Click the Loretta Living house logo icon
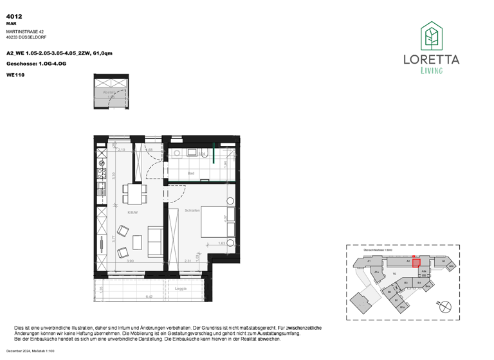coord(431,37)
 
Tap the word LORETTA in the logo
coord(431,59)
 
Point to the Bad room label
coord(191,174)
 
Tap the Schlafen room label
coord(192,210)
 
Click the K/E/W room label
coord(133,213)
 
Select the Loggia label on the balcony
coord(181,289)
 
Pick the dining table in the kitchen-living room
coord(136,193)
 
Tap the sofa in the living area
coord(154,240)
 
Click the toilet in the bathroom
coord(203,153)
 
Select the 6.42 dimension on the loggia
coord(149,297)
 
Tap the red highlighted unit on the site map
coord(416,262)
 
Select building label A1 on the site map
coord(370,262)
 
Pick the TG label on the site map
coord(394,273)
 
